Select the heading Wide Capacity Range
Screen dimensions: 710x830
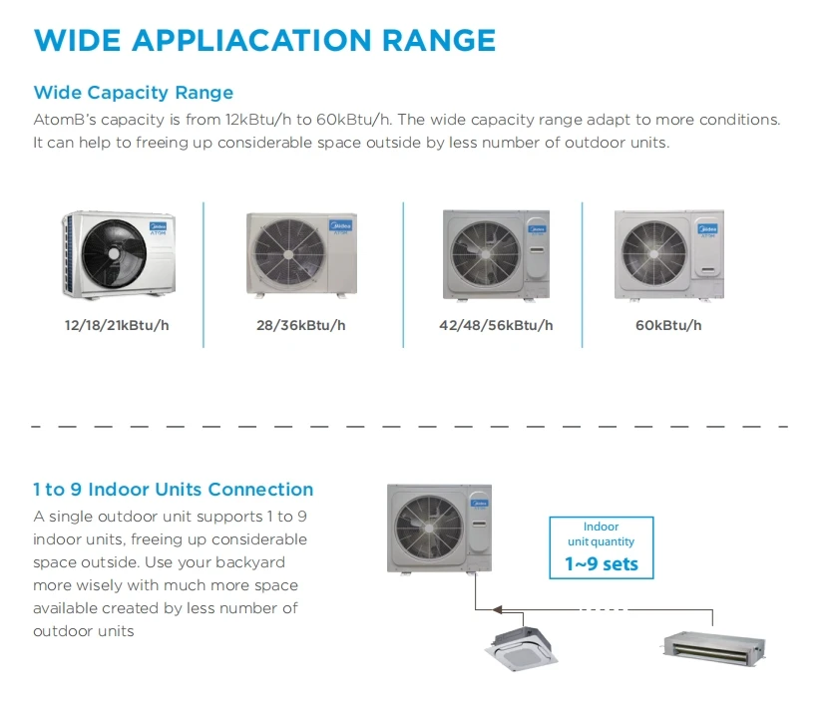tap(134, 93)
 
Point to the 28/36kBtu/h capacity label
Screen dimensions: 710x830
tap(301, 325)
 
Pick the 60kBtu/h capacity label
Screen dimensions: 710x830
tap(668, 325)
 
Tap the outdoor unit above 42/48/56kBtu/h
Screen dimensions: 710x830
tap(496, 254)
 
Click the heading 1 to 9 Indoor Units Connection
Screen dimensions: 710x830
tap(174, 490)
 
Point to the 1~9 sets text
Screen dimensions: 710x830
tap(601, 564)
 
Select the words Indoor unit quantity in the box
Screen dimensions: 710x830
tap(601, 533)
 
